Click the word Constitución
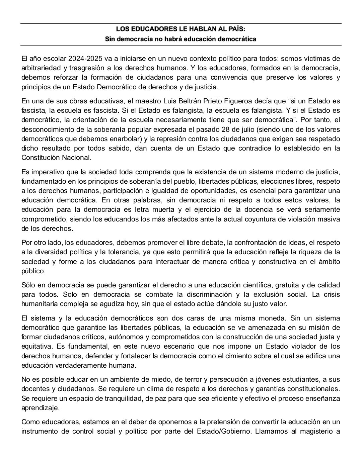[x=41, y=157]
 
